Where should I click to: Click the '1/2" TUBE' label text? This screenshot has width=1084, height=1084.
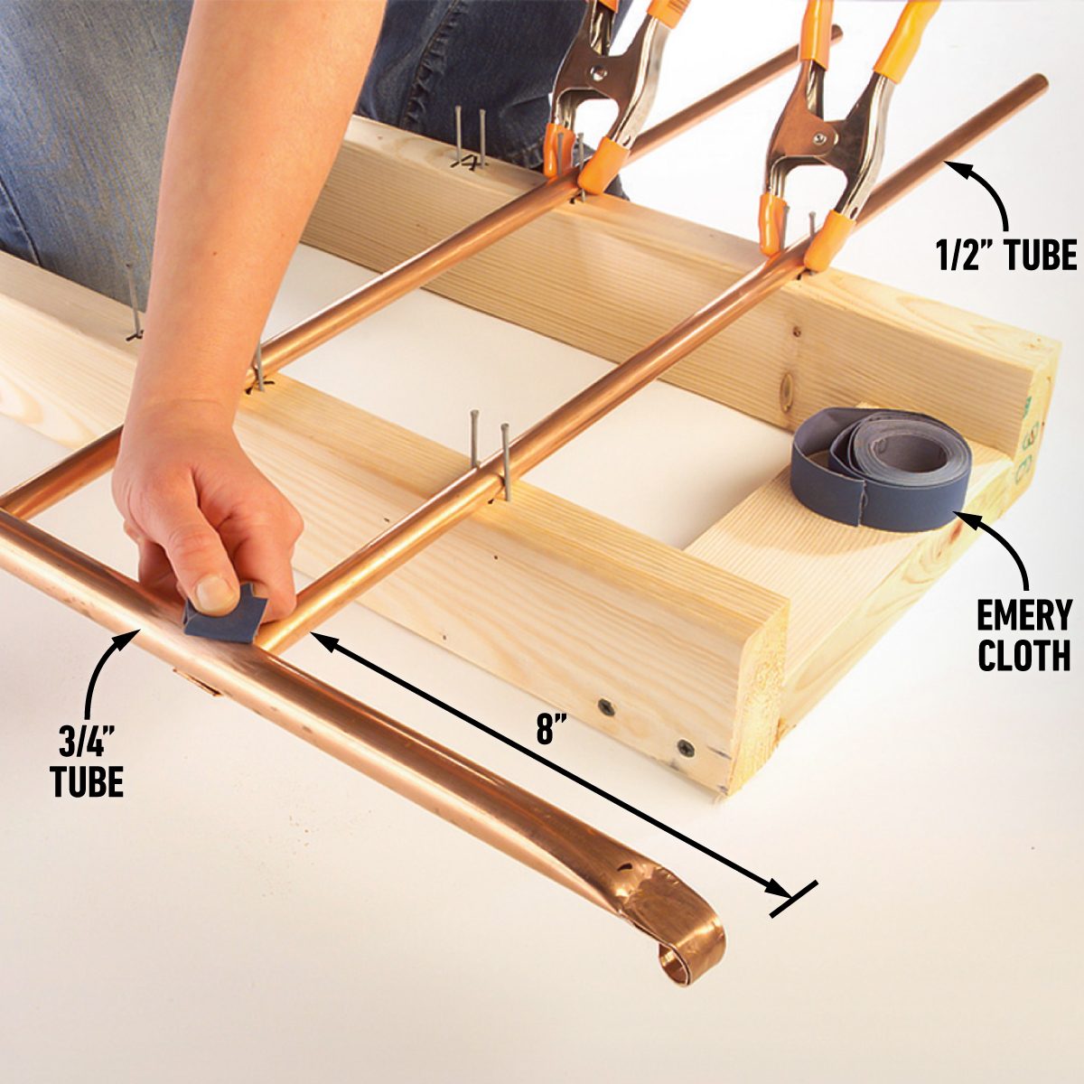[1006, 254]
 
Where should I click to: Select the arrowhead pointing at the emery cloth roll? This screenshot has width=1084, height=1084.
[964, 519]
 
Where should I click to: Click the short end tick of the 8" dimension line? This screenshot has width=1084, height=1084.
[794, 899]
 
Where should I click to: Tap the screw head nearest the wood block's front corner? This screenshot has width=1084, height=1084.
[686, 748]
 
